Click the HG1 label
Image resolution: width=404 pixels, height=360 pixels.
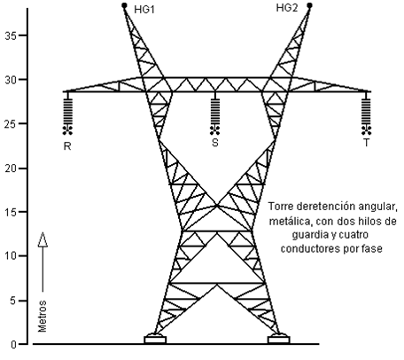[144, 10]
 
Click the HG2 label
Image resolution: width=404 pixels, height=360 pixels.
[287, 8]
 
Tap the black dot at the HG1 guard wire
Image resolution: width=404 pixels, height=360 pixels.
[124, 5]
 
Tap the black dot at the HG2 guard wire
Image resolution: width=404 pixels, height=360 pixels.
[309, 5]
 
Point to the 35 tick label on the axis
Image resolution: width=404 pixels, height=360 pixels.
[11, 36]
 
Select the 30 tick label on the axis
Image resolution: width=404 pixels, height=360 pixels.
[11, 80]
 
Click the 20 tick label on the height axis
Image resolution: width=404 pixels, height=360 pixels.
[11, 168]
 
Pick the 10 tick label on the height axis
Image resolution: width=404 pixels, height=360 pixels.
[11, 256]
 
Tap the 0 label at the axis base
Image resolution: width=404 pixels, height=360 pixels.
[13, 345]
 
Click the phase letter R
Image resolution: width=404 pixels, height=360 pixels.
[67, 146]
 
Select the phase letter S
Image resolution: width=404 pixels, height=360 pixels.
[215, 143]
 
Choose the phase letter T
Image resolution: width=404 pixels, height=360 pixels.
[366, 143]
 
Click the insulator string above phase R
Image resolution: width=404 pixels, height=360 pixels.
[67, 112]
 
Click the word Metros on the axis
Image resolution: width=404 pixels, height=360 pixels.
[43, 316]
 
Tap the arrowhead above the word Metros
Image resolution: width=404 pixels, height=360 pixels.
[43, 239]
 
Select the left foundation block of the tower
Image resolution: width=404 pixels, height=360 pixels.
[155, 339]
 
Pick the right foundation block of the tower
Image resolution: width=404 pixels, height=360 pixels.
[279, 339]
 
